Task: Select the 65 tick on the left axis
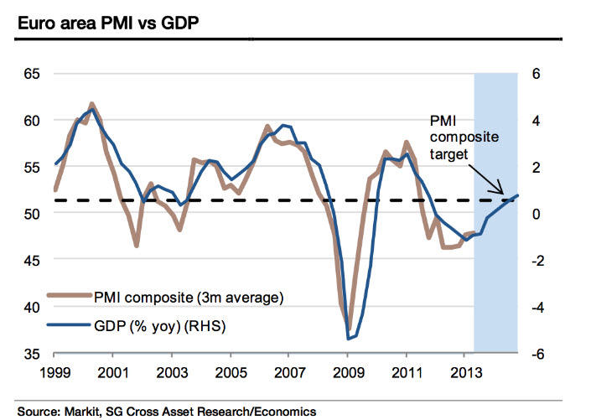click(x=33, y=74)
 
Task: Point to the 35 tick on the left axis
click(x=33, y=354)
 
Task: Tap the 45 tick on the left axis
click(x=33, y=261)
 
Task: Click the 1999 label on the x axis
click(x=54, y=371)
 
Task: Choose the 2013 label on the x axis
click(x=465, y=371)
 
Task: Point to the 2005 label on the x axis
click(x=231, y=371)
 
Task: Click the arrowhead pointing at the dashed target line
click(x=500, y=192)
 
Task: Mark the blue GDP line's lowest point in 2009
click(x=348, y=339)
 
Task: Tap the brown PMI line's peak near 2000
click(x=91, y=105)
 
